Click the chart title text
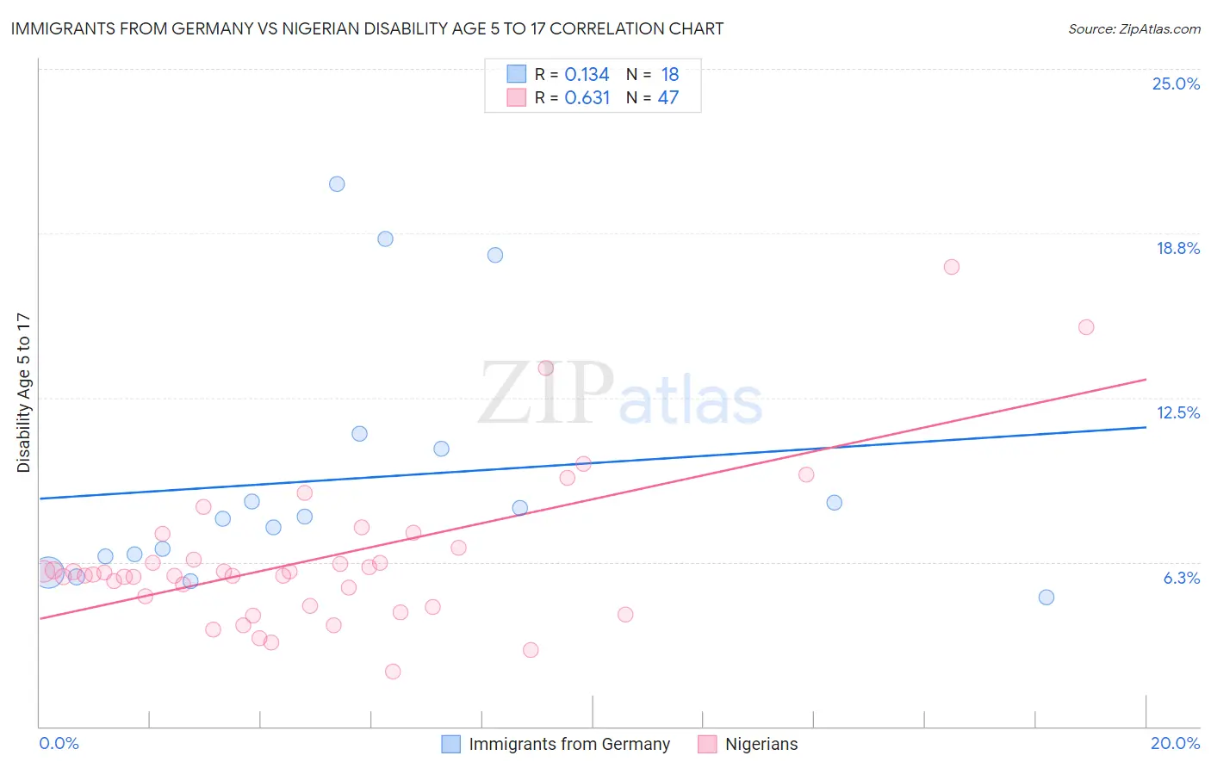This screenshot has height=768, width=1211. coord(367,28)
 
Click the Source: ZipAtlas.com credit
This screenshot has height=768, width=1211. coord(1133,28)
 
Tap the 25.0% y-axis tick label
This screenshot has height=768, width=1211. coord(1176,84)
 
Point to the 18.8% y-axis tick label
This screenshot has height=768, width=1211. coord(1177,248)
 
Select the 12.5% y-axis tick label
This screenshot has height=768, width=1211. coord(1177,412)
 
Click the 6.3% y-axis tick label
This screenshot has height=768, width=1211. coord(1181,578)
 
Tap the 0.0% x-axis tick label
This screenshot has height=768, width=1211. coord(59,743)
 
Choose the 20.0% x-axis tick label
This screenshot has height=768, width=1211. coord(1175,743)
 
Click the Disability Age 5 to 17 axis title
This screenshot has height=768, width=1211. coord(23,392)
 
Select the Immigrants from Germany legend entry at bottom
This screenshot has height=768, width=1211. coord(568,744)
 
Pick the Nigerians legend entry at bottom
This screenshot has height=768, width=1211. coord(761,744)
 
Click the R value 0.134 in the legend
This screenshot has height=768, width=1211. coord(587,75)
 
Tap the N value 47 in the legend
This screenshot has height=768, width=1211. coord(668,98)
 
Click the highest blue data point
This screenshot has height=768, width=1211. coord(337,184)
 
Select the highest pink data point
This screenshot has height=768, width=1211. coord(951,267)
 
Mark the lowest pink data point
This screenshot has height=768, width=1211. coord(393,672)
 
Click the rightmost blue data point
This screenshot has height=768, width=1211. coord(1046,598)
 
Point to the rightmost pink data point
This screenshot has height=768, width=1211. coord(1086,327)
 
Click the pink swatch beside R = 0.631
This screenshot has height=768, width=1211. coord(516,97)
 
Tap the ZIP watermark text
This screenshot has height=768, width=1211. coord(546,393)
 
